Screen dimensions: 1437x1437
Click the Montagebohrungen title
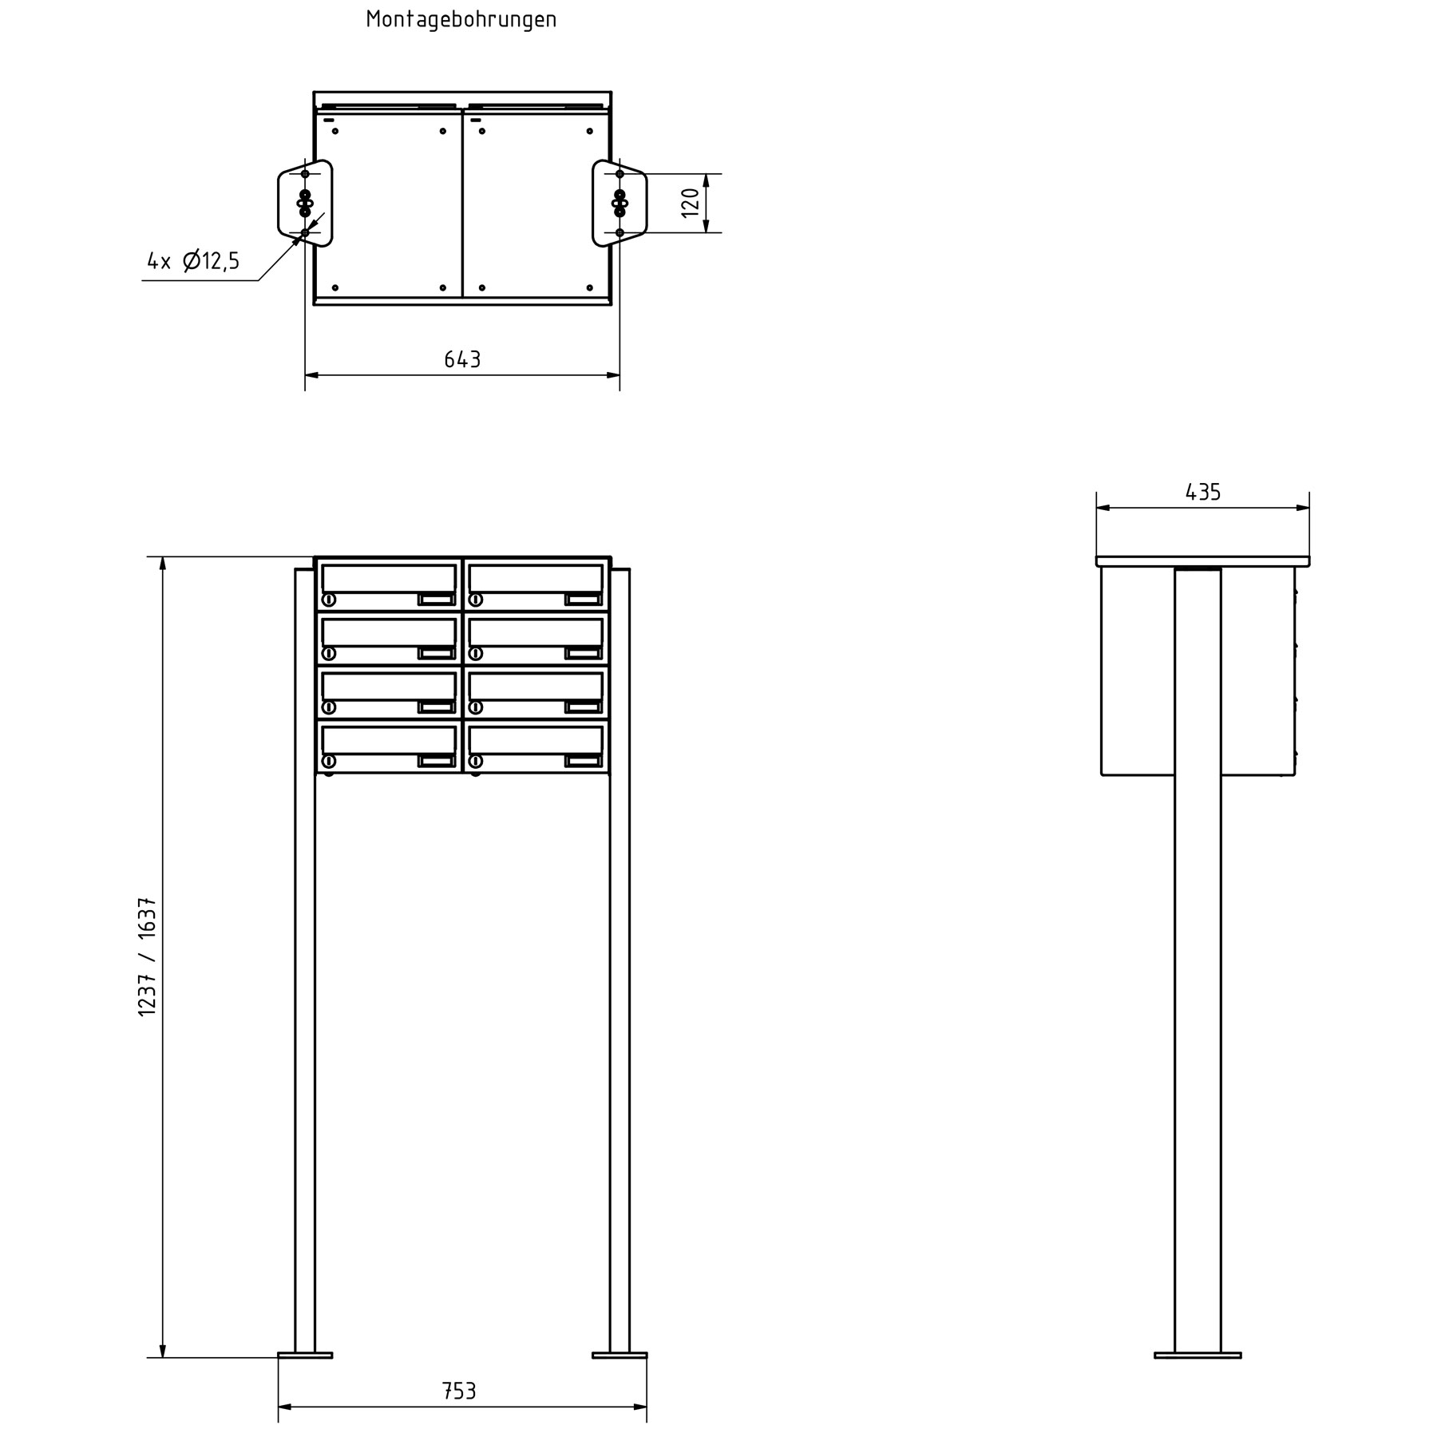[461, 20]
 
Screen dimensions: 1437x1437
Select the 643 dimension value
[462, 360]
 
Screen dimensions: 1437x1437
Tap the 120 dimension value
[691, 203]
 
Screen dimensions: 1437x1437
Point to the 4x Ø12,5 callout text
[193, 261]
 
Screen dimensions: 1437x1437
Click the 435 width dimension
[1202, 493]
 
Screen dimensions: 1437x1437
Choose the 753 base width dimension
[459, 1391]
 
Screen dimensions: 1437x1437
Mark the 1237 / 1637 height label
[148, 957]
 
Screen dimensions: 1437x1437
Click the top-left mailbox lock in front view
[328, 600]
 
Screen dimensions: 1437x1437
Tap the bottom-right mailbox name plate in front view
[583, 761]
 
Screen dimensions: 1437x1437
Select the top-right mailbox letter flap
[536, 578]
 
